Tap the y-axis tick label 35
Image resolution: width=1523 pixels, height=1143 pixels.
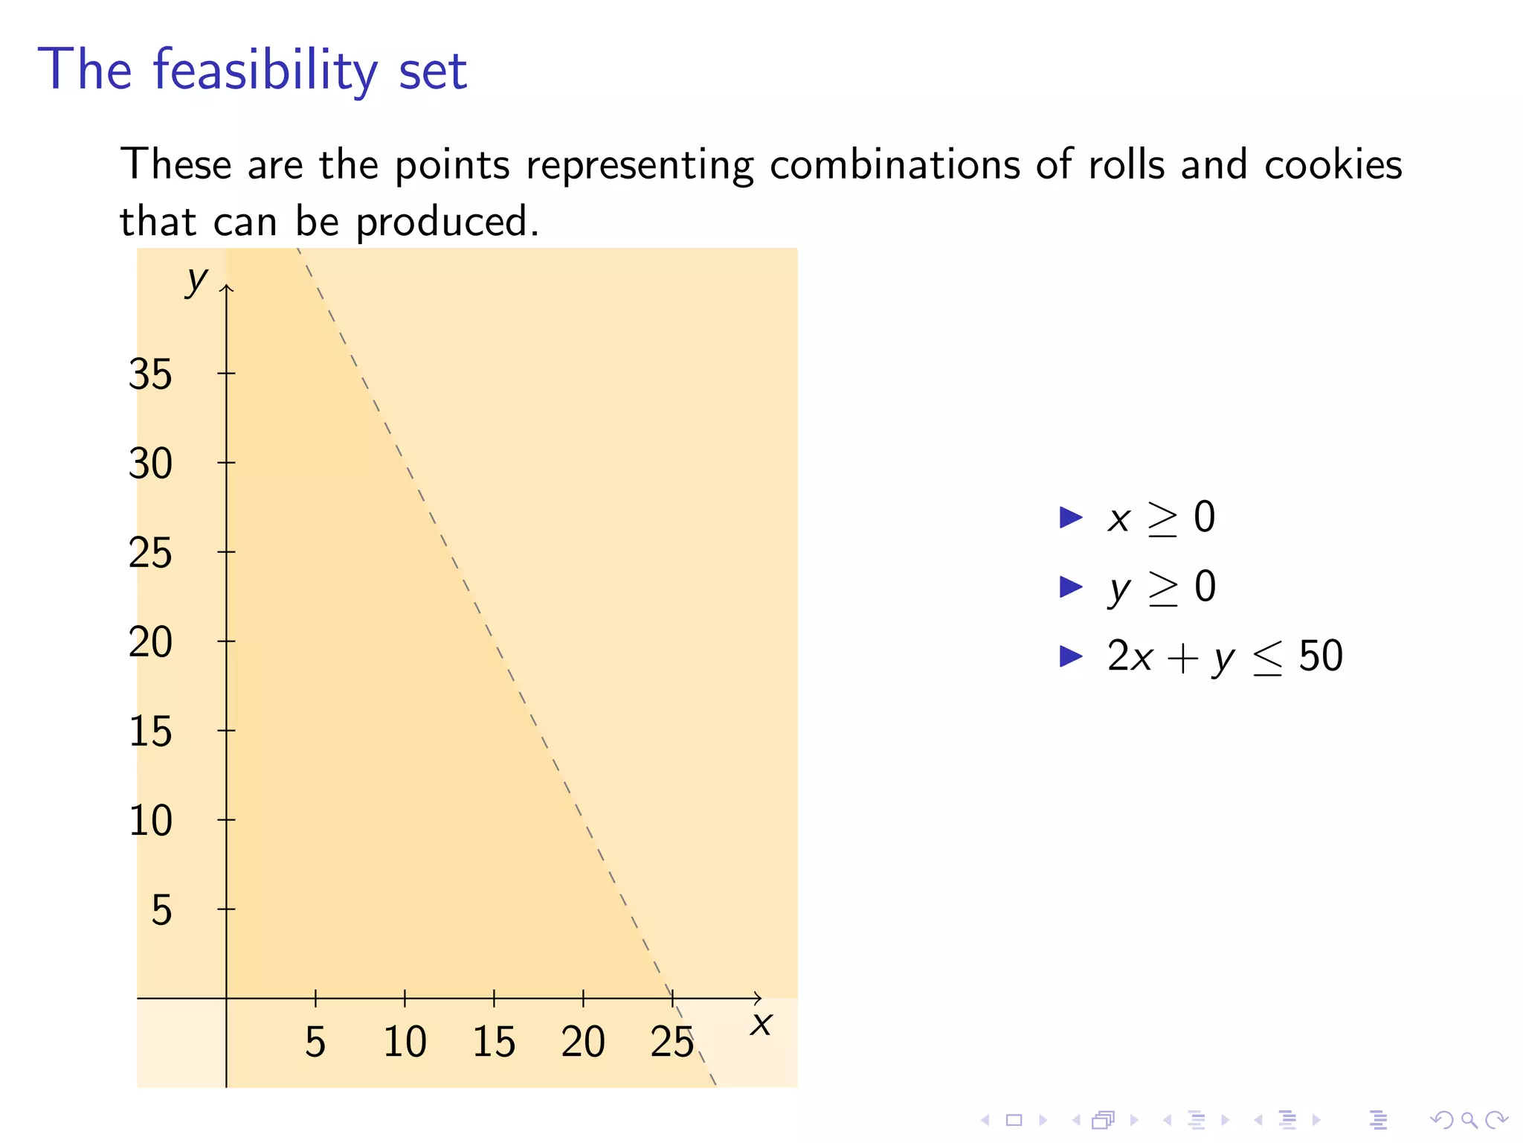click(x=150, y=374)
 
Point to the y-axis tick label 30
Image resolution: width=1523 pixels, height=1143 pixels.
click(x=150, y=464)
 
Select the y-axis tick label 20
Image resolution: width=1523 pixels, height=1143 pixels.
click(x=150, y=642)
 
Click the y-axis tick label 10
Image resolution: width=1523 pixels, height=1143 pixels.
click(x=150, y=821)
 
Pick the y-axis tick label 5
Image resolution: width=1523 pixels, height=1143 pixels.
click(x=161, y=910)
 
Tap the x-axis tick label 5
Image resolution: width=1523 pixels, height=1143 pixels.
click(x=315, y=1042)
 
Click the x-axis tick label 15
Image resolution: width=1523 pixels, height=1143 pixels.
click(x=494, y=1042)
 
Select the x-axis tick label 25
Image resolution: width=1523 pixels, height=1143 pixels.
click(x=672, y=1042)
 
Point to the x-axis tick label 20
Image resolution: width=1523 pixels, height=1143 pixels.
click(x=583, y=1042)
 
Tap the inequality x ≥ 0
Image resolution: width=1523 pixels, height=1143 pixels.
click(x=1161, y=518)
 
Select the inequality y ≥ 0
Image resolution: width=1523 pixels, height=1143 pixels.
click(x=1162, y=588)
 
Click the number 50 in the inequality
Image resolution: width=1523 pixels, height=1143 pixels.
click(x=1321, y=656)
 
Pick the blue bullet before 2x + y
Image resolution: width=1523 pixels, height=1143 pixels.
click(x=1071, y=656)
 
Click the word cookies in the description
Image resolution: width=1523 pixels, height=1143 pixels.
click(x=1333, y=164)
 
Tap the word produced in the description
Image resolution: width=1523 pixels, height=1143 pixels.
click(x=447, y=222)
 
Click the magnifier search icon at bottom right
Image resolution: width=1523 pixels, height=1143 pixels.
click(x=1469, y=1119)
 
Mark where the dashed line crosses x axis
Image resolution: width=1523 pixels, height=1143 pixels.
click(x=672, y=998)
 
